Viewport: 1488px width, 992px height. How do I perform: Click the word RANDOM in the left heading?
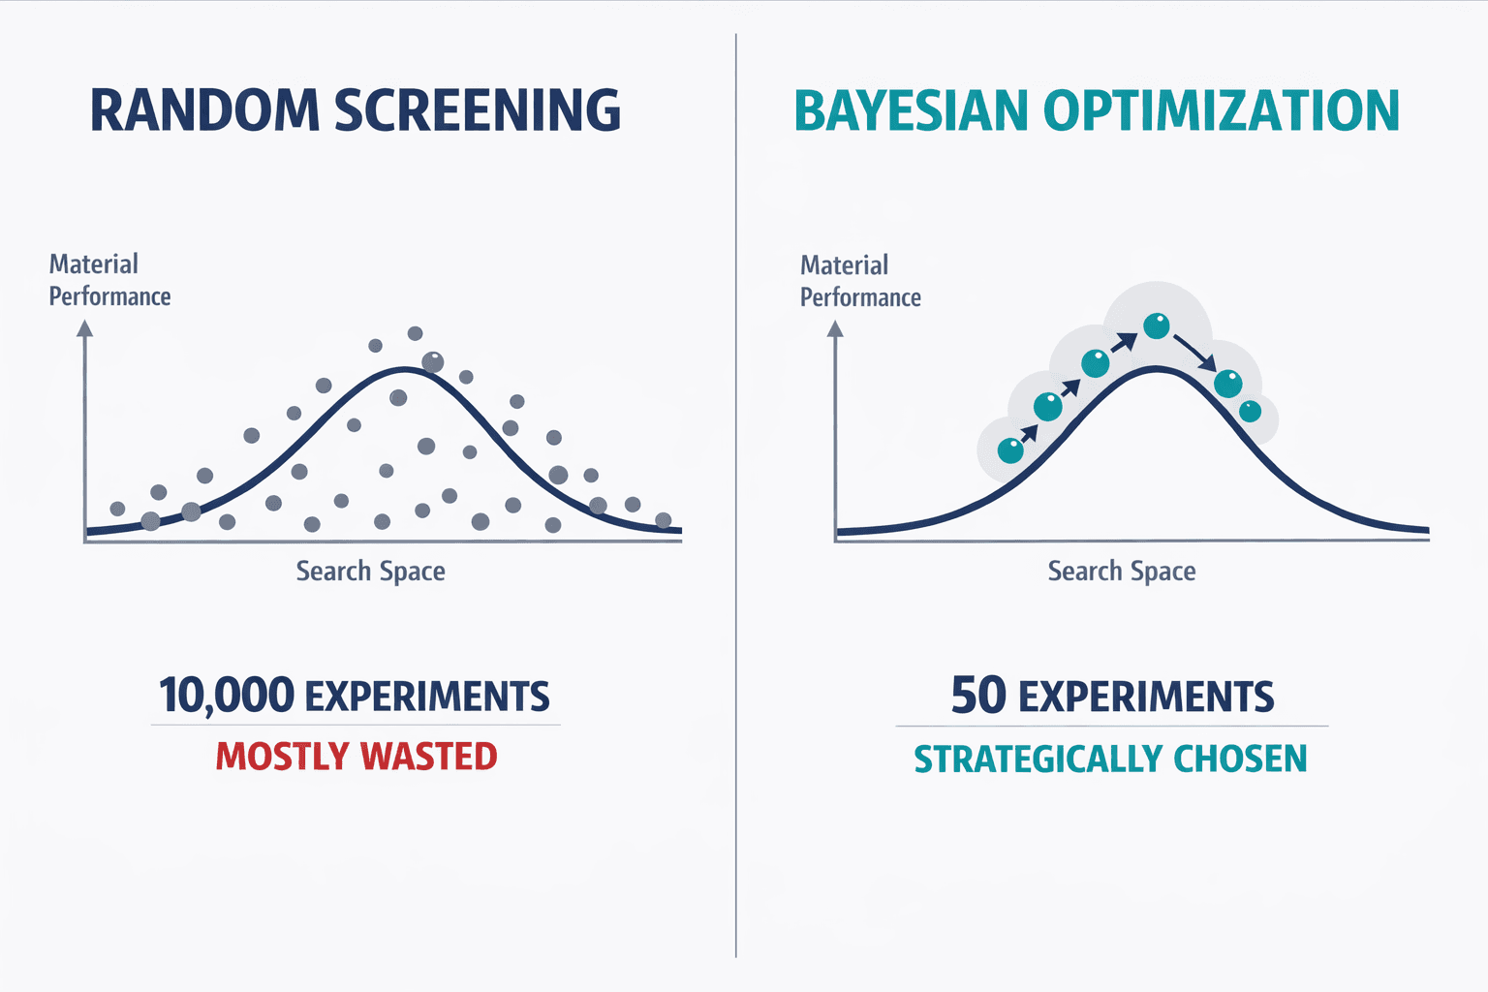(x=204, y=110)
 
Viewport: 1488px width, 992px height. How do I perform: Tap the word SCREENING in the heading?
(x=478, y=110)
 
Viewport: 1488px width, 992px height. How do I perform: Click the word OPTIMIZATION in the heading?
(x=1221, y=110)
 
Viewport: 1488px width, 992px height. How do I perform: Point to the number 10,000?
(x=227, y=696)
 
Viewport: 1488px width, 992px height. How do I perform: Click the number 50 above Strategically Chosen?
(x=978, y=696)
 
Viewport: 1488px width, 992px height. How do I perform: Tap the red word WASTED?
(x=428, y=757)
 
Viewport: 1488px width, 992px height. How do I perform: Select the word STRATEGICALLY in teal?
(x=1038, y=759)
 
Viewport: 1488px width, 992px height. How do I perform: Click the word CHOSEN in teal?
(x=1240, y=759)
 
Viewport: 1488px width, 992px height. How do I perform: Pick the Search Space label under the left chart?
(x=370, y=572)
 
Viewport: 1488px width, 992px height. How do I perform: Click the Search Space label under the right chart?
(x=1121, y=572)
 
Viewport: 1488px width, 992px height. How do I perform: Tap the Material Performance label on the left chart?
(x=108, y=280)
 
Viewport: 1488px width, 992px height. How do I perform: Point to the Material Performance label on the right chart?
(x=859, y=281)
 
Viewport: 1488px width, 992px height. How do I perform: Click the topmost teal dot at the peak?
(x=1157, y=325)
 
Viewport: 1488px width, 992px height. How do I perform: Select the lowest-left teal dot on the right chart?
(x=1010, y=449)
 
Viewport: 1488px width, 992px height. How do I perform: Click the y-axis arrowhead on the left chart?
(x=85, y=329)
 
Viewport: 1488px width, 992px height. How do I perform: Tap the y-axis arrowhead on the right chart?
(x=835, y=329)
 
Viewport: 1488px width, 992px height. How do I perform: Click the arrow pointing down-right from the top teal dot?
(x=1194, y=353)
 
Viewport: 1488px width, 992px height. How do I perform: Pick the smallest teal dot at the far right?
(x=1251, y=411)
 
